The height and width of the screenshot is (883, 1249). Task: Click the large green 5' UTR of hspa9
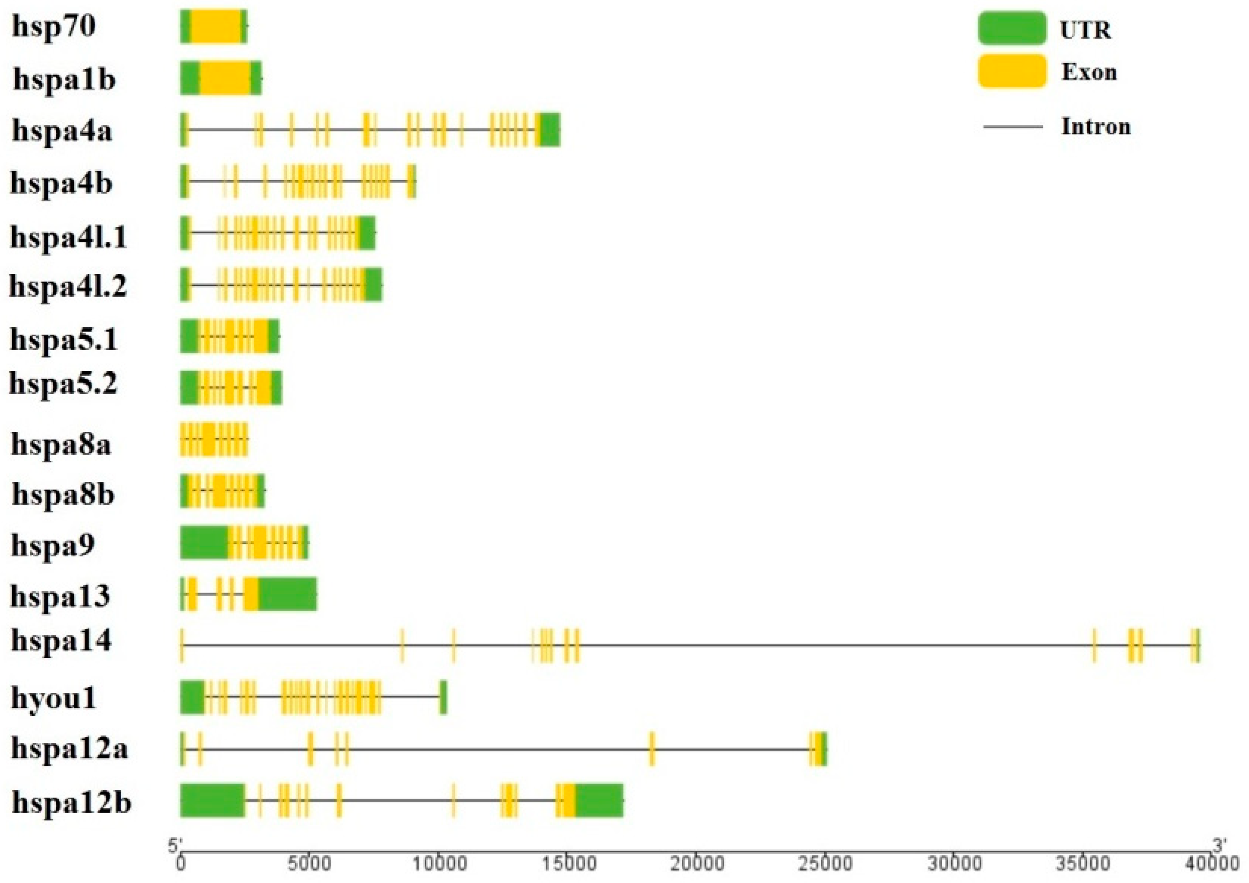tap(204, 542)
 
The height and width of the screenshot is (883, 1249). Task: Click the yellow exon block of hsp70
tap(216, 26)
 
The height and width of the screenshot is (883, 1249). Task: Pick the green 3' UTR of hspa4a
tap(550, 130)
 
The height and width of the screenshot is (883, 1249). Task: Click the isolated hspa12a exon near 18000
tap(652, 749)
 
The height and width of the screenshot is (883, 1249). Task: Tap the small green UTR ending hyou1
tap(443, 697)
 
